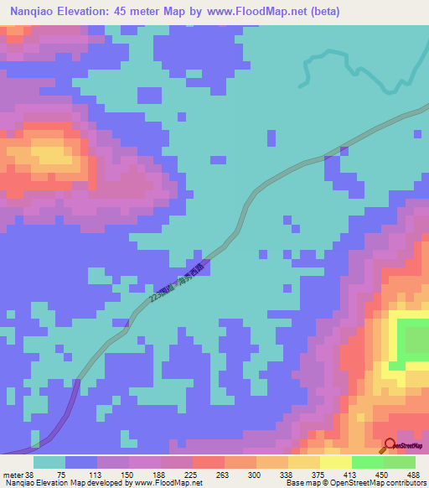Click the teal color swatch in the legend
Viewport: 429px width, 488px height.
click(x=49, y=462)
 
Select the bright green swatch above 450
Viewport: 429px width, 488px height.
click(x=367, y=462)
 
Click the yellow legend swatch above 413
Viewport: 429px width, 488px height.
click(x=335, y=462)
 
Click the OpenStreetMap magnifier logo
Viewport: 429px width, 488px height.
click(x=390, y=445)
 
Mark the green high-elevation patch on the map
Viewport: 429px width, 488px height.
click(x=414, y=340)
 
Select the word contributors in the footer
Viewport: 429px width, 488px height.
click(x=406, y=482)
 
